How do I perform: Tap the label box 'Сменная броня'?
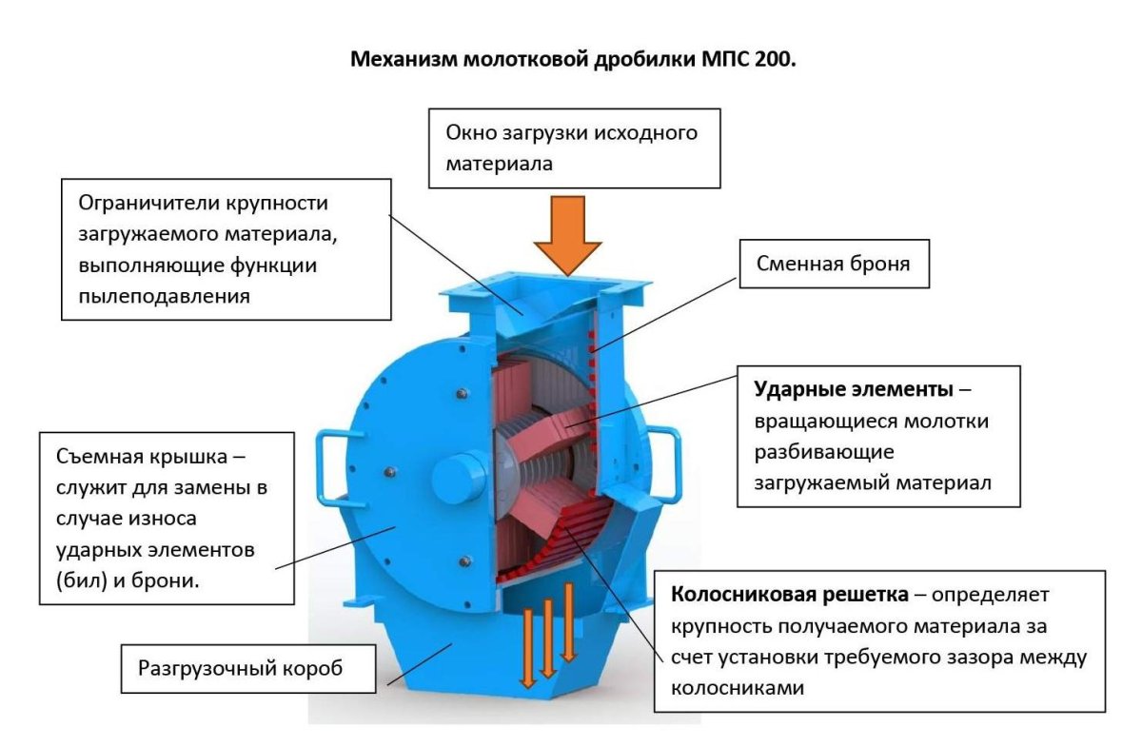point(832,264)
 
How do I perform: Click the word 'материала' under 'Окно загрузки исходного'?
point(500,163)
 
